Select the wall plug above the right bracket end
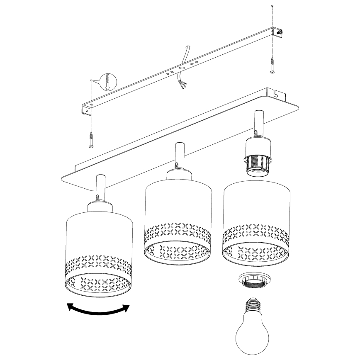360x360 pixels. click(272, 6)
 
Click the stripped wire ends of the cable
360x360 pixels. click(182, 85)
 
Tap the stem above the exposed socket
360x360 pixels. click(257, 120)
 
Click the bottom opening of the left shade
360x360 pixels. click(99, 286)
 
